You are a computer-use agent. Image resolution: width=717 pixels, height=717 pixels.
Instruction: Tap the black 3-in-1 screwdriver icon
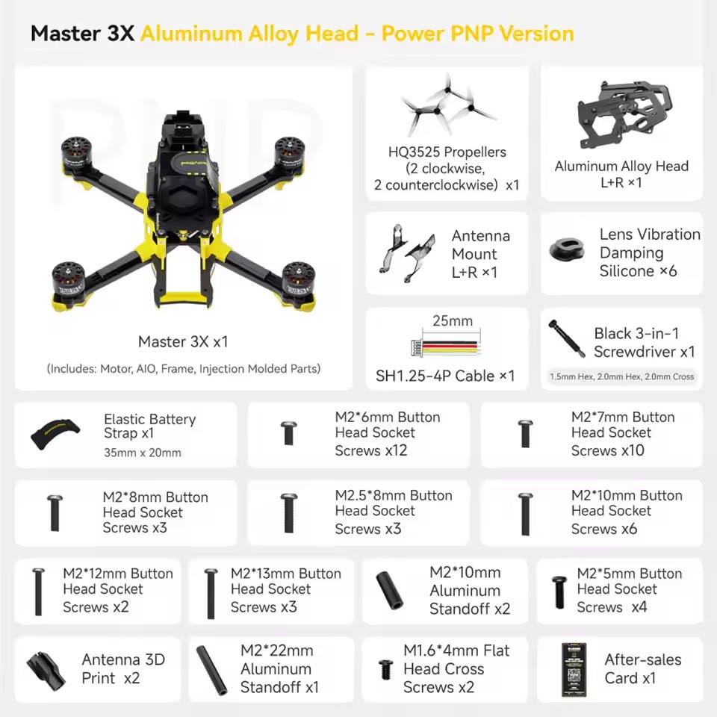coord(565,339)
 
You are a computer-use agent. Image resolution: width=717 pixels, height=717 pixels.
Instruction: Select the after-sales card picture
coord(574,669)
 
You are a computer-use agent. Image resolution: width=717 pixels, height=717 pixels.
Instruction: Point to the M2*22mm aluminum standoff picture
coord(211,670)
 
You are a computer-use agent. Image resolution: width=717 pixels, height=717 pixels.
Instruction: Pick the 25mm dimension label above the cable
coord(453,321)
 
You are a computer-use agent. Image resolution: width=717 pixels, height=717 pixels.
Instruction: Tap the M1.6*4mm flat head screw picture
coord(386,668)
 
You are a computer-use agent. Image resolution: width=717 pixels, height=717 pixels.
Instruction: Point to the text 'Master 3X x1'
coord(183,342)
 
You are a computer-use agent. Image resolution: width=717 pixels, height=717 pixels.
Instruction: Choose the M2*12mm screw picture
coord(38,592)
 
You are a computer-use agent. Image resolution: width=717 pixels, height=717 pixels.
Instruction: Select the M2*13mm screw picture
coord(211,593)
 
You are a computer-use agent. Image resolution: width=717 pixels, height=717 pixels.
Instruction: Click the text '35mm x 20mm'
coord(143,453)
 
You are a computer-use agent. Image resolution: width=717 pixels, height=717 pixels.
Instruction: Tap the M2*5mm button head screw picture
coord(559,592)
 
